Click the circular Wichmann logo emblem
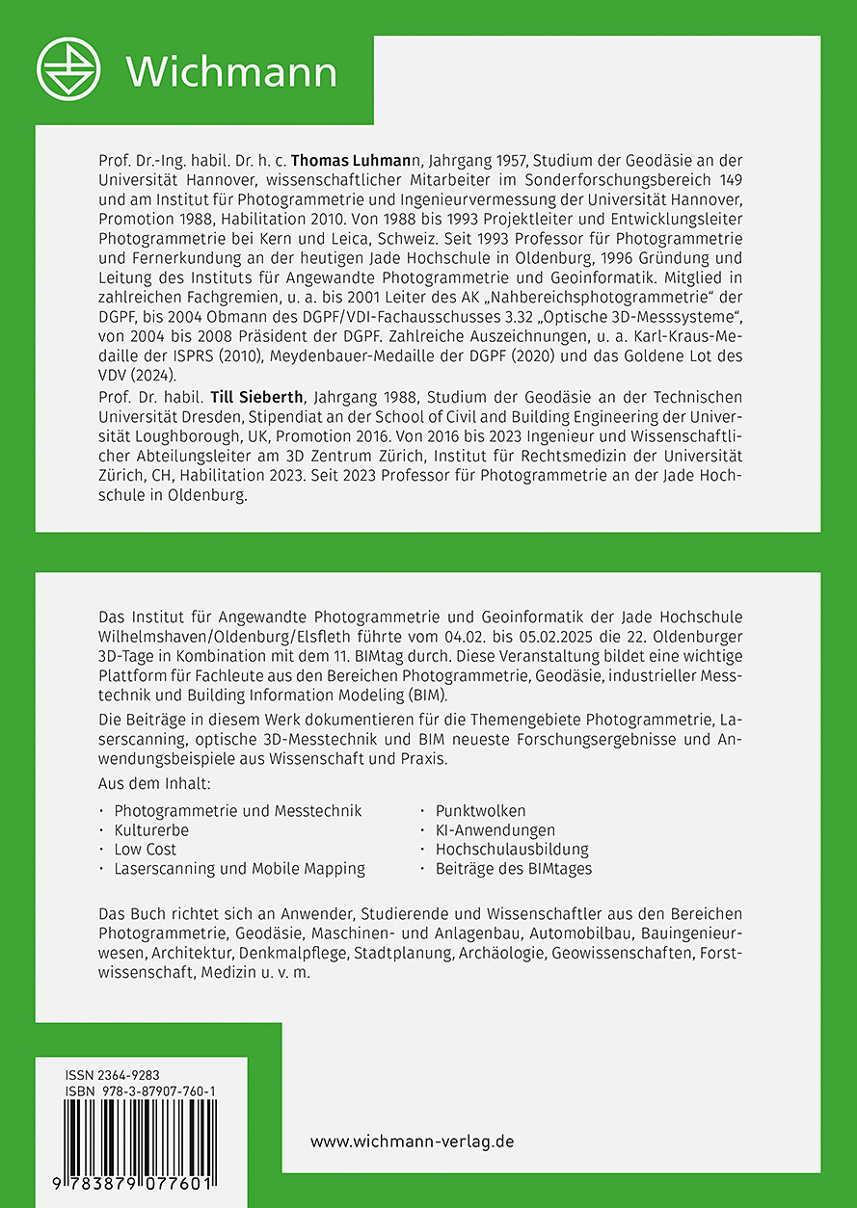click(x=68, y=68)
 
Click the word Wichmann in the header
click(x=231, y=71)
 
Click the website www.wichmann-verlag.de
click(x=412, y=1141)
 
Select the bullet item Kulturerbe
click(x=151, y=829)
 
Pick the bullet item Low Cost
click(x=146, y=849)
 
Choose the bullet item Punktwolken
click(x=481, y=810)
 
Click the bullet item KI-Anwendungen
click(x=495, y=829)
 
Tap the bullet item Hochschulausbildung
click(x=512, y=849)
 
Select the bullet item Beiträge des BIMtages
click(x=514, y=868)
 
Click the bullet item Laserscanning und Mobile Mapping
click(x=239, y=868)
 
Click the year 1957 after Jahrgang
click(x=481, y=159)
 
